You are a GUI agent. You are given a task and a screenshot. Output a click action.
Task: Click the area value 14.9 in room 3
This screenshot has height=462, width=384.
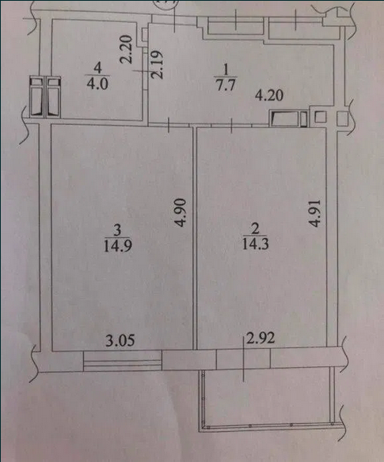pos(117,246)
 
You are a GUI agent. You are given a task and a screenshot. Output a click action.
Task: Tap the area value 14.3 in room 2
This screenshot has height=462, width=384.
pos(255,244)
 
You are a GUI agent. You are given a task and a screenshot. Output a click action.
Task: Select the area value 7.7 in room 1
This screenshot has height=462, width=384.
pos(226,85)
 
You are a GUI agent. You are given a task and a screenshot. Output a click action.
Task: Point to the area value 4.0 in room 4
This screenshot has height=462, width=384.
pos(97,83)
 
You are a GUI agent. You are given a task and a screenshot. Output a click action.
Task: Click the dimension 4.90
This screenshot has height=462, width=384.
pos(181,213)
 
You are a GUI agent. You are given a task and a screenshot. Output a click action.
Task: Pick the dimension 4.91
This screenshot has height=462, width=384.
pos(314,214)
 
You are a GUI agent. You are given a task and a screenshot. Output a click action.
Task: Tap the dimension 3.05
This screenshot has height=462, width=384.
pos(120,341)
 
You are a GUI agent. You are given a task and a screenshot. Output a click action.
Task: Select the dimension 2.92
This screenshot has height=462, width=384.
pos(260,338)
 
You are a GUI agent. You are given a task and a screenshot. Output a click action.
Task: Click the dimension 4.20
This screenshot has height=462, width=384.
pos(269,96)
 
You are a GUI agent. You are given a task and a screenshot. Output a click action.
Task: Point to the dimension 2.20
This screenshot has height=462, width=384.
pos(127,50)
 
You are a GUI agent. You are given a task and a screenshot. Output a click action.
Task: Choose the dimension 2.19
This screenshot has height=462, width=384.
pos(158,64)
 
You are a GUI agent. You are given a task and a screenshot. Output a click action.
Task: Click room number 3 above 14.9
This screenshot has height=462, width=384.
pos(117,230)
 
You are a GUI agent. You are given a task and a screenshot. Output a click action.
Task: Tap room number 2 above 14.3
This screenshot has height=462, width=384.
pos(255,229)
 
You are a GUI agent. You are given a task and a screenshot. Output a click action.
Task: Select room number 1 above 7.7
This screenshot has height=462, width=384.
pos(226,70)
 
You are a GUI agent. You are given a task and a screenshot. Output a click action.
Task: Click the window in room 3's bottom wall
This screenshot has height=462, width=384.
pos(123,362)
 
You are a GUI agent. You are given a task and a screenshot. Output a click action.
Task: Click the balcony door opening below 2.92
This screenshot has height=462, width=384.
pos(244,359)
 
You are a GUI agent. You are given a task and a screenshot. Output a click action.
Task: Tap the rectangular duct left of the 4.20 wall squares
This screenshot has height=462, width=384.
pos(288,119)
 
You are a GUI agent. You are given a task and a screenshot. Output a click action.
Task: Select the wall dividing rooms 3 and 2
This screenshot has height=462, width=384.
pos(195,239)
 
